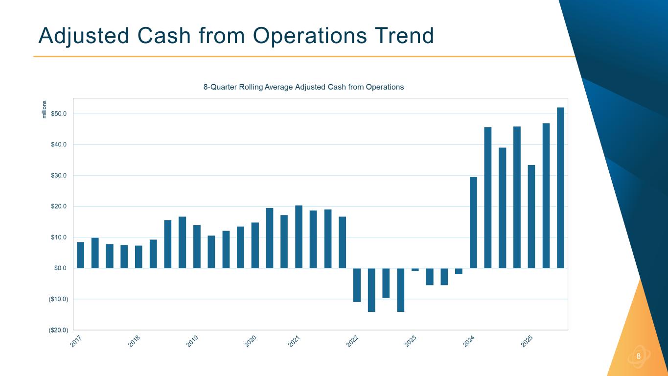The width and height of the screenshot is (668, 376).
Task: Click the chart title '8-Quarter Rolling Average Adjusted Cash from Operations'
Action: (303, 87)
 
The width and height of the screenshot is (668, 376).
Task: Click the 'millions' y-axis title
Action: (45, 109)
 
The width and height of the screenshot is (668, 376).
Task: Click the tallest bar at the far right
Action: (560, 188)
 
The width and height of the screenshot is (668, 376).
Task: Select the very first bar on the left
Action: (81, 255)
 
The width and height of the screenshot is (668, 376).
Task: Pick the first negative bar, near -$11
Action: (357, 285)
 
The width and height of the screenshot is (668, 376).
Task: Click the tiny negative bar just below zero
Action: (415, 269)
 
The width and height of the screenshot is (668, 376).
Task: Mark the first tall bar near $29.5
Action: (473, 222)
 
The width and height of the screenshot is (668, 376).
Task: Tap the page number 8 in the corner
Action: (638, 356)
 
